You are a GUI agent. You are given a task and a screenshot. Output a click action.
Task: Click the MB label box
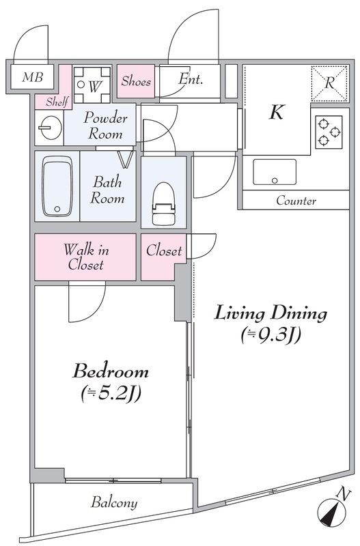[32, 77]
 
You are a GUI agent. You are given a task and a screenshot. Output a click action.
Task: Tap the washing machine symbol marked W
[92, 85]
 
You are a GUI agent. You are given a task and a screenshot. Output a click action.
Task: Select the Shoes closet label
[136, 81]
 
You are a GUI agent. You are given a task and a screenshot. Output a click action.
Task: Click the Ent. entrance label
[191, 79]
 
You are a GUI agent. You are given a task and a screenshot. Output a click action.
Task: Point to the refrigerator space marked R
[329, 83]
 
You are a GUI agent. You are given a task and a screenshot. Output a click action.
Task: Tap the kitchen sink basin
[275, 172]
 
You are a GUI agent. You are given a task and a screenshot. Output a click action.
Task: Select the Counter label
[296, 201]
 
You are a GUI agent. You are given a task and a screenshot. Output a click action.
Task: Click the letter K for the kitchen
[276, 112]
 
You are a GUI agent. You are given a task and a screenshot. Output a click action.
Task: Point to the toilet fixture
[164, 203]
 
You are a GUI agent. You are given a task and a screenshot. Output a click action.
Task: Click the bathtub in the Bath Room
[57, 186]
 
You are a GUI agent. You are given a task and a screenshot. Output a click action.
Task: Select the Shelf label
[58, 102]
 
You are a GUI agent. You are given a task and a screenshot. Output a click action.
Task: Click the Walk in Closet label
[86, 257]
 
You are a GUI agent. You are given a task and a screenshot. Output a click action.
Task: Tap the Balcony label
[114, 502]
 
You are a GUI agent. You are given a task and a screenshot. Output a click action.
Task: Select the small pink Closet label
[164, 250]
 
